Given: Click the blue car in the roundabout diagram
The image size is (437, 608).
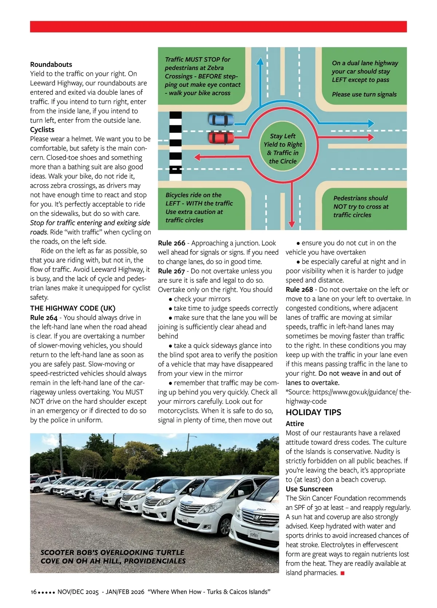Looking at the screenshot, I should click(221, 119).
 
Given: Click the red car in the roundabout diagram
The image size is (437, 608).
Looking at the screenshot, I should click(221, 138).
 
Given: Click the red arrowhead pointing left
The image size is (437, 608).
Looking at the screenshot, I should click(198, 157).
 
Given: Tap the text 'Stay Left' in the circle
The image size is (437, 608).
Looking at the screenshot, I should click(283, 136).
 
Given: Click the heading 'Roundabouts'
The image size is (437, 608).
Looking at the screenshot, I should click(51, 65).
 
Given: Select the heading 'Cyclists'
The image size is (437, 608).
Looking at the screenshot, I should click(42, 129).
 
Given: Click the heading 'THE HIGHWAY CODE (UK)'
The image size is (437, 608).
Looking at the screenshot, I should click(73, 308).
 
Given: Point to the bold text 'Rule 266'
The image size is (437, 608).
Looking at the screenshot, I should click(172, 243).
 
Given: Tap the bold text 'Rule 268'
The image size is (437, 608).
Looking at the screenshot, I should click(299, 290).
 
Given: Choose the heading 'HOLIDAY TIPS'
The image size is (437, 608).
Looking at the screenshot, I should click(314, 413).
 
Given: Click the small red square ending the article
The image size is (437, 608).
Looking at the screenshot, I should click(342, 573).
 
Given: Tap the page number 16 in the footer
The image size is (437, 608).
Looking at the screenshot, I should click(34, 592).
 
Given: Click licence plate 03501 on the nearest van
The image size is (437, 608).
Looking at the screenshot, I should click(254, 535).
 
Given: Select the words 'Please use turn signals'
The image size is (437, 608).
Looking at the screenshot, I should click(364, 94).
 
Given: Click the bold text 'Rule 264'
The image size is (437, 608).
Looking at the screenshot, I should click(44, 318).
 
